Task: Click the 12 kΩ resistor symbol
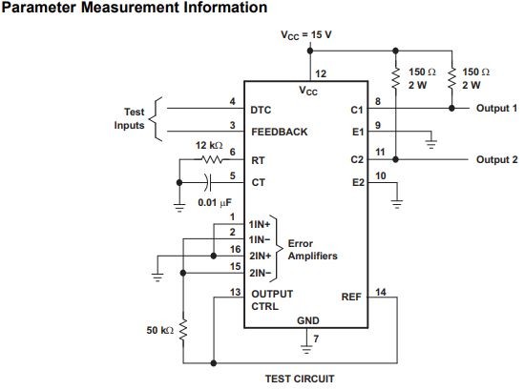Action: [x=213, y=159]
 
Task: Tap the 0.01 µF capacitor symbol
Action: [x=208, y=182]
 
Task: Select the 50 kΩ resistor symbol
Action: [x=183, y=330]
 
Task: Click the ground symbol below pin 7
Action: [x=306, y=349]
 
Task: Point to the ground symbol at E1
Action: [x=431, y=144]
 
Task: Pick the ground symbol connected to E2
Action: [x=397, y=204]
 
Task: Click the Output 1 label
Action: [x=496, y=108]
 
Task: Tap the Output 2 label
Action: [x=497, y=159]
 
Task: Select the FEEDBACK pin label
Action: [x=280, y=132]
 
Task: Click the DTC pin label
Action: [x=261, y=110]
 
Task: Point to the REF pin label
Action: [x=351, y=297]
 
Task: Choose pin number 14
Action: [x=381, y=292]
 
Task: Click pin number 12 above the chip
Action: [x=321, y=73]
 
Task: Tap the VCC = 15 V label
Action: [x=306, y=35]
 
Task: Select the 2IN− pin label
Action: [x=260, y=273]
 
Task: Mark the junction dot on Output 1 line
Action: [x=451, y=108]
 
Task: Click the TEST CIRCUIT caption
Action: [x=300, y=379]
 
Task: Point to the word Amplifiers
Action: [x=313, y=257]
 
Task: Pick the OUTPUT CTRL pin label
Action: [x=272, y=300]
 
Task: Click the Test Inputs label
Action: [x=129, y=118]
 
